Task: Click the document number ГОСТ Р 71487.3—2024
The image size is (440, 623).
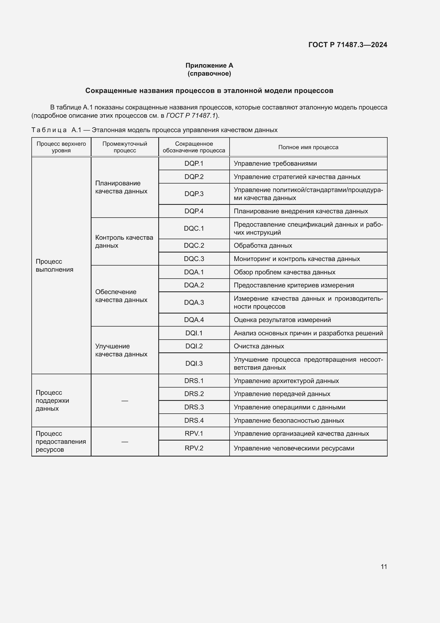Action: [348, 45]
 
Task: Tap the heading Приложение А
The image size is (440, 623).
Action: [209, 66]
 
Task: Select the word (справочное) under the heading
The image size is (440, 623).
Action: [209, 74]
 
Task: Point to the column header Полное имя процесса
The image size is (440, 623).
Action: [308, 147]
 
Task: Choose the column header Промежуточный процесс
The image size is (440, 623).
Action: [124, 147]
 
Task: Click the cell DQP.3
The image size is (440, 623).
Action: [194, 194]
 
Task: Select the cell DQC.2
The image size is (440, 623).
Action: [194, 246]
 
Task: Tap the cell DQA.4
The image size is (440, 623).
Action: [194, 320]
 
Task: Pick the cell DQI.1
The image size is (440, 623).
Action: [194, 333]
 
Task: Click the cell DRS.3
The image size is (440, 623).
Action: [194, 407]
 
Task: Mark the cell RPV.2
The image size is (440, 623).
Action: [194, 448]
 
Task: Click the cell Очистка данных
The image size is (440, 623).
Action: [259, 346]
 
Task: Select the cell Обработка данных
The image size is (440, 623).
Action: [263, 246]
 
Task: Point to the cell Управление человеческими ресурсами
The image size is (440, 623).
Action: [294, 448]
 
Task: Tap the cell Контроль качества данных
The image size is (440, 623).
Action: [124, 242]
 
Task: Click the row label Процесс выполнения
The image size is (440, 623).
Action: [55, 265]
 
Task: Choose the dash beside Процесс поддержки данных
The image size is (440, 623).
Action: [124, 401]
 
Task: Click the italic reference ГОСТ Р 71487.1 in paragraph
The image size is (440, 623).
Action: [190, 116]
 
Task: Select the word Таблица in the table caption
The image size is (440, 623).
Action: [49, 130]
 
